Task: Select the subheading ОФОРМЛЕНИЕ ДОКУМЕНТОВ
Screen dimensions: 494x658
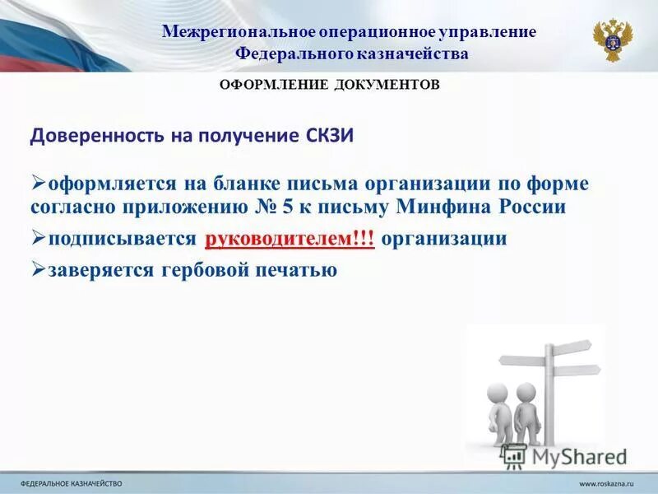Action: (329, 85)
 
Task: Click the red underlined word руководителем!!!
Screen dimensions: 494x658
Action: (290, 239)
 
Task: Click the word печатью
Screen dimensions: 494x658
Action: (296, 270)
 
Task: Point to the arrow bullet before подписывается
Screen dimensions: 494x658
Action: (38, 239)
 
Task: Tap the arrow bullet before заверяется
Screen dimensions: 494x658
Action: (38, 269)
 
